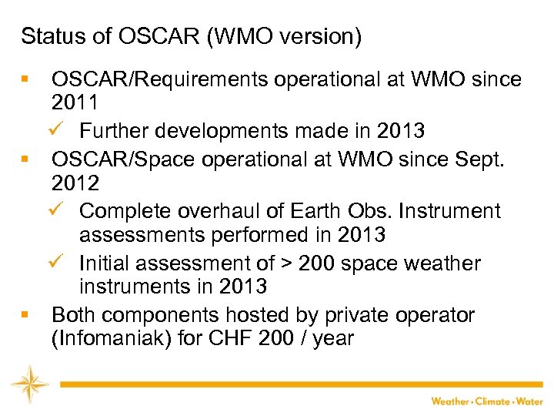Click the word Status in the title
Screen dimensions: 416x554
coord(46,36)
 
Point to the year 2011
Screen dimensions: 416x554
coord(75,102)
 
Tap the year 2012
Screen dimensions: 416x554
coord(75,183)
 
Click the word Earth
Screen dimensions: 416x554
coord(311,210)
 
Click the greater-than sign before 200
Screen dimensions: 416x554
coord(285,263)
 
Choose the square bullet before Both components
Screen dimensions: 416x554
coord(25,316)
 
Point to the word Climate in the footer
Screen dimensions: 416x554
coord(492,401)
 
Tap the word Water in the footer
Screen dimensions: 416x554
coord(529,401)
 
